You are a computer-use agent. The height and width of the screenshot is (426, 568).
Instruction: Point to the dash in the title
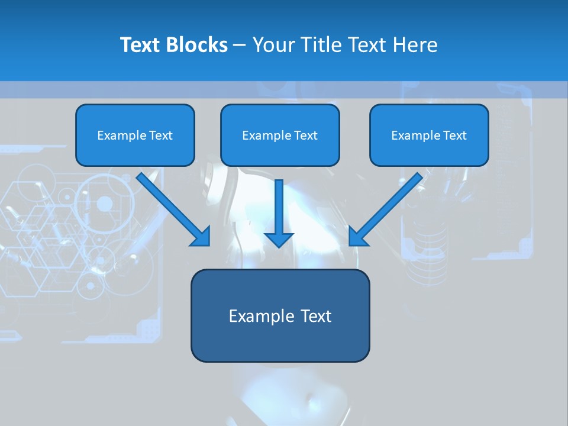pos(240,46)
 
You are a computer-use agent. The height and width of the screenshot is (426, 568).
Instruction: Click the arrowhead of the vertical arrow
pos(279,239)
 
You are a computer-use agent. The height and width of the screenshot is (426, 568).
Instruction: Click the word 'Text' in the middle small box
pos(305,135)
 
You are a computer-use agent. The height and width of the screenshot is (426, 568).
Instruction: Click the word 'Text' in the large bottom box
pos(316,317)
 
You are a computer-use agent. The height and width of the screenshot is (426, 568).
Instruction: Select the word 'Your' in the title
pos(274,45)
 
